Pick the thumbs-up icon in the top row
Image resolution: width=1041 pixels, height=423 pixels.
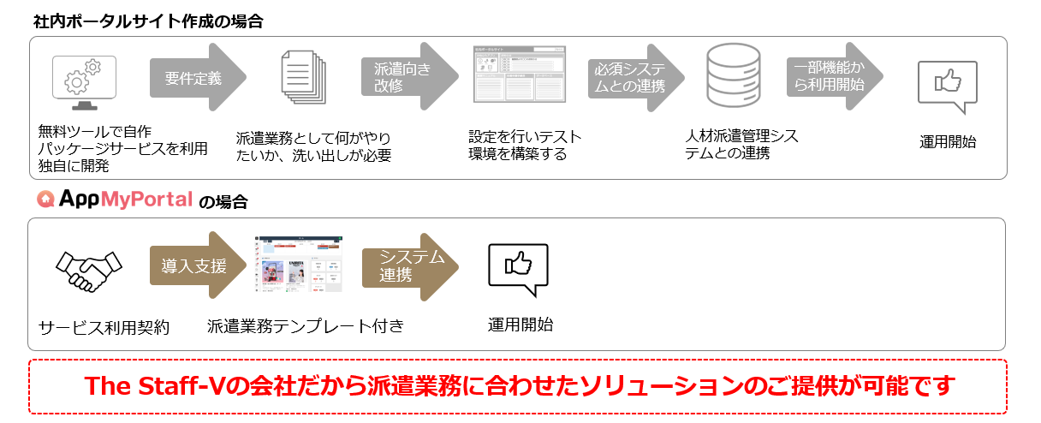tap(947, 84)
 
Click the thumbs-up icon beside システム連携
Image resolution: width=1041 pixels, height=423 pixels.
tap(517, 268)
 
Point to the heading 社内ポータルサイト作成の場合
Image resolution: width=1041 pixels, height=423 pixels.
tap(148, 21)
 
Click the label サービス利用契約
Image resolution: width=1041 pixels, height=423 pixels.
tap(104, 327)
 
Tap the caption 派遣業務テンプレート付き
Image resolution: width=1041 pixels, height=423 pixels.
tap(305, 326)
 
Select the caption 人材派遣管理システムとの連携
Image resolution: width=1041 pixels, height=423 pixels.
tap(741, 145)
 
